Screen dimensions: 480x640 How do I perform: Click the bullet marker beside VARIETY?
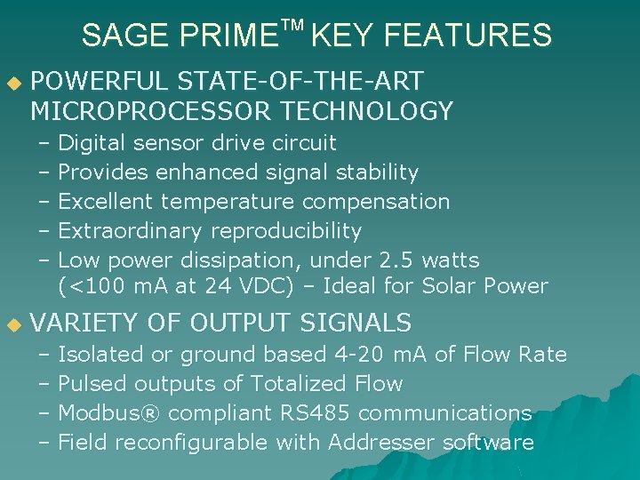[x=12, y=324]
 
